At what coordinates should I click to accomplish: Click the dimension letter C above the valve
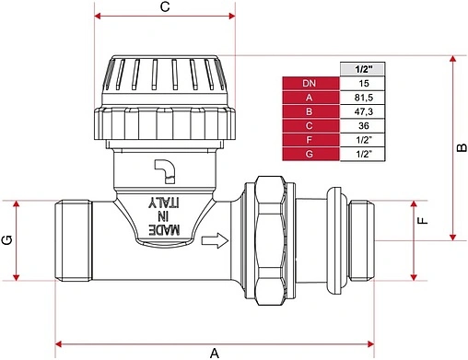[x=165, y=6]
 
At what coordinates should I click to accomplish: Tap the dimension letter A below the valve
[x=215, y=353]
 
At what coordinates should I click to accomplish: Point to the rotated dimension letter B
[x=462, y=148]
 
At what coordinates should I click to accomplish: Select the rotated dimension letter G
[x=7, y=240]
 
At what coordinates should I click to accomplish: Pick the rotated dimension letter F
[x=423, y=221]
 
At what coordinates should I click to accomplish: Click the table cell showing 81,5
[x=363, y=98]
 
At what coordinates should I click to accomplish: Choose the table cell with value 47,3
[x=363, y=111]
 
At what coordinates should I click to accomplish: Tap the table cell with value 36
[x=363, y=125]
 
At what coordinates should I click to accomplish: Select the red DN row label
[x=310, y=83]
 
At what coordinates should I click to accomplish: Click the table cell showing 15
[x=363, y=83]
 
